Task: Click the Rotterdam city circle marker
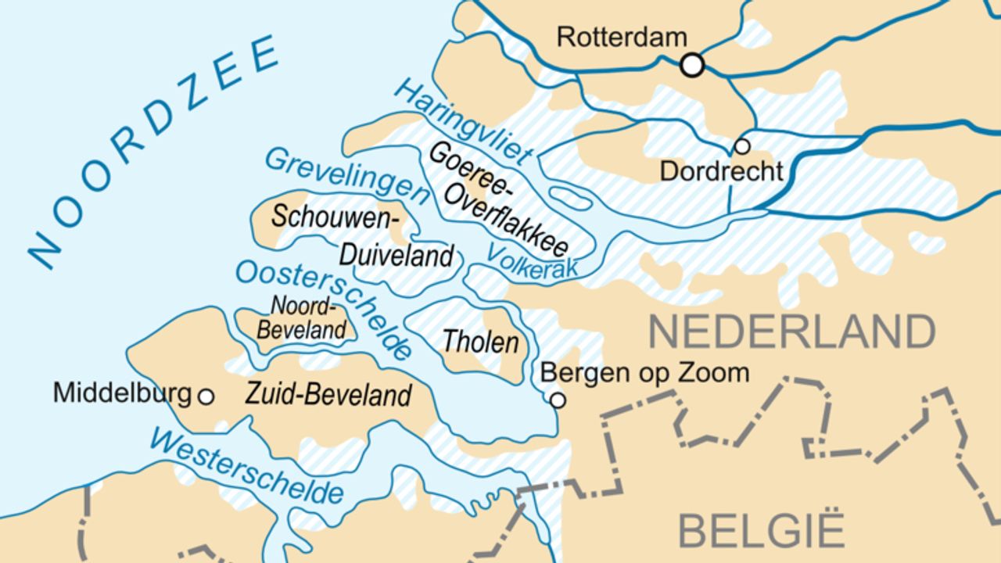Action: (x=692, y=65)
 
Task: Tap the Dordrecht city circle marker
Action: (x=741, y=146)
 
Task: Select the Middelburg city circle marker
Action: (x=206, y=396)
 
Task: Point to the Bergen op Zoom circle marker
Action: (x=557, y=400)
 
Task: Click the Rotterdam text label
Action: (x=622, y=38)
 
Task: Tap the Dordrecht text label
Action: (x=721, y=171)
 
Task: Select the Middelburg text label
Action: (x=122, y=393)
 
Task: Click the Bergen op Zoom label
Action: (x=644, y=373)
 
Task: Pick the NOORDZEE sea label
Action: (x=152, y=149)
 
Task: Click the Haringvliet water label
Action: (x=464, y=121)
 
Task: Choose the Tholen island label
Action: (x=480, y=342)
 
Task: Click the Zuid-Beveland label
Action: (x=328, y=395)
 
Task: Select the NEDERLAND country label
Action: (x=791, y=332)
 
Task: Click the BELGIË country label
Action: (x=761, y=529)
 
